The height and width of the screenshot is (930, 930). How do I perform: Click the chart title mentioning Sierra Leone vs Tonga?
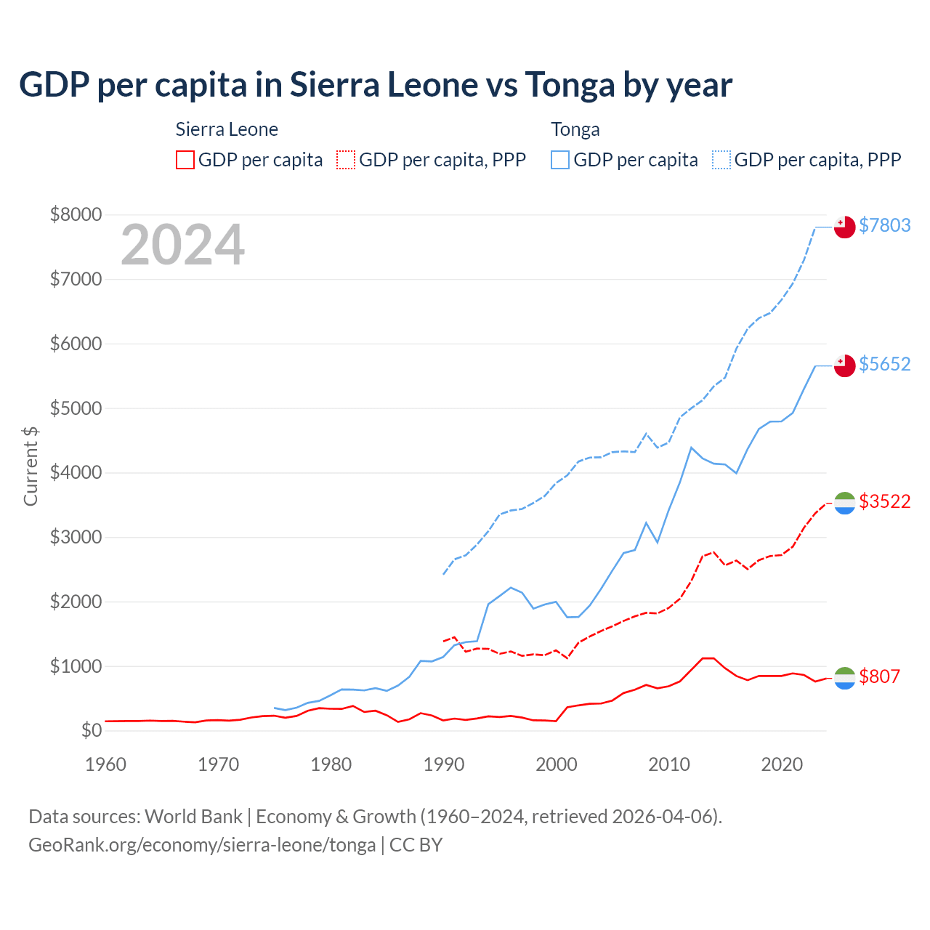[375, 85]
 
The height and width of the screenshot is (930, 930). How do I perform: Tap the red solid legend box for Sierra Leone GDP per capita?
[185, 160]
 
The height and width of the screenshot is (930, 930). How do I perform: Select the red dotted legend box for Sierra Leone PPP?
[347, 160]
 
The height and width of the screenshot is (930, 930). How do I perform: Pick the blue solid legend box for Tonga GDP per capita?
[560, 160]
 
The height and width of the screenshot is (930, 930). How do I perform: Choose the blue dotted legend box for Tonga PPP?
[721, 160]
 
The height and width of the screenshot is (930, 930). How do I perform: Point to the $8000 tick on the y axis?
[76, 215]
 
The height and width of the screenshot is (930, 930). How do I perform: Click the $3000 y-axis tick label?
[76, 538]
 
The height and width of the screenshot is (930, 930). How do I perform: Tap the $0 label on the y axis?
[91, 730]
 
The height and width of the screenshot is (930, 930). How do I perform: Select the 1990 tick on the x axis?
[444, 764]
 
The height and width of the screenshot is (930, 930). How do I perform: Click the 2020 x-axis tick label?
[782, 764]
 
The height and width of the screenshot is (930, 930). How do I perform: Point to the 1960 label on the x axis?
[106, 764]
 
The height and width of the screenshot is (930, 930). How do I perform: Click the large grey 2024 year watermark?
[182, 246]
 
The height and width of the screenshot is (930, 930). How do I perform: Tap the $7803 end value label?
[884, 225]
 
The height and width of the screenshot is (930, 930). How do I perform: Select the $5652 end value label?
[884, 364]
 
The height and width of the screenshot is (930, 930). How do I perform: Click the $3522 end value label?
[884, 501]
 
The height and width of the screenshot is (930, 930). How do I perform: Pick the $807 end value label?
[879, 676]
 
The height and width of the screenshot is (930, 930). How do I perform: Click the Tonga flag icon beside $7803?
[844, 227]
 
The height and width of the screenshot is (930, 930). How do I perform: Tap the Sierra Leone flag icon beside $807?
[844, 678]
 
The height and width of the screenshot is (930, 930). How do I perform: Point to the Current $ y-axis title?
[31, 466]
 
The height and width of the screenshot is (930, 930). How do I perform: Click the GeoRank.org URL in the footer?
[202, 845]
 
